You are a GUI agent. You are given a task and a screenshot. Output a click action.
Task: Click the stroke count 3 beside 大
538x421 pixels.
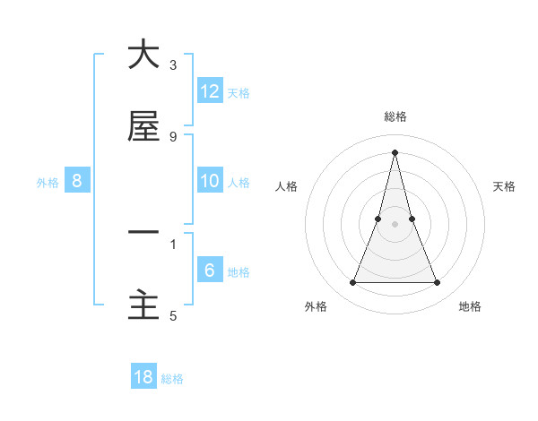point(173,65)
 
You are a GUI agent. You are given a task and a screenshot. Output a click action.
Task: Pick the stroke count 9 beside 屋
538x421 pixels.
point(173,137)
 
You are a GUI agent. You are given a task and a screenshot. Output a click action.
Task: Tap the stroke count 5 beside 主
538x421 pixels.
point(173,315)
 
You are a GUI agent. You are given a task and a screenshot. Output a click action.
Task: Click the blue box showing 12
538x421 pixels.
point(210,90)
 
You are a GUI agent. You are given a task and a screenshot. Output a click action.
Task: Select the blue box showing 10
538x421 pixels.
point(210,180)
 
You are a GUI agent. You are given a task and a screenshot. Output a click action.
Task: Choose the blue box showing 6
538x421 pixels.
point(210,270)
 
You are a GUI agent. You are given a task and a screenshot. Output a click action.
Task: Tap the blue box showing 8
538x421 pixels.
point(77,180)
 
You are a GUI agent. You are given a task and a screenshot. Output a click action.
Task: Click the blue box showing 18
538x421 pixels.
point(143,377)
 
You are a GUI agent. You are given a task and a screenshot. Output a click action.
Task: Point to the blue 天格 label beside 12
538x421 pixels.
point(239,93)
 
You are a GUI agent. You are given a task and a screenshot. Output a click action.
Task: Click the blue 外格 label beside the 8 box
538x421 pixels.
point(48,183)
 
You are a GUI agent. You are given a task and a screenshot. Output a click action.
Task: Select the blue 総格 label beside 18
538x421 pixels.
point(172,380)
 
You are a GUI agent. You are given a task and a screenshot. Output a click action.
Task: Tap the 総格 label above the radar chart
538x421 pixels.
point(395,116)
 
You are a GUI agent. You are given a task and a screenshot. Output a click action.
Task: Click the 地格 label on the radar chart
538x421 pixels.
point(470,307)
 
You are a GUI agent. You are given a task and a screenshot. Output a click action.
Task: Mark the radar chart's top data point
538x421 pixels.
point(395,152)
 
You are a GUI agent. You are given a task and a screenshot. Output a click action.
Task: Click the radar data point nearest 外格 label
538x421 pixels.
point(352,283)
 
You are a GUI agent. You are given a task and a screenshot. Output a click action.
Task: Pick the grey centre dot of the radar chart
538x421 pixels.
point(395,224)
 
